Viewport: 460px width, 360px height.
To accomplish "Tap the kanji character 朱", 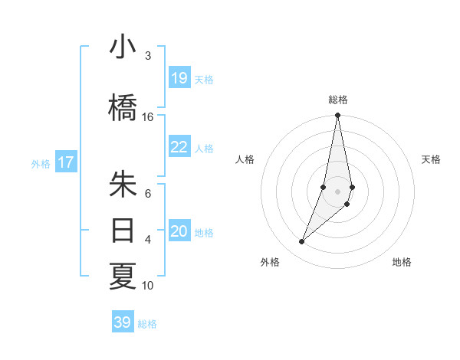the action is click(x=123, y=184).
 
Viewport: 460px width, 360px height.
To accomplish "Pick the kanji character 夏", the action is click(x=123, y=277).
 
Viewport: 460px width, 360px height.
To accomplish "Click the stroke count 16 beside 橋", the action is click(x=148, y=117).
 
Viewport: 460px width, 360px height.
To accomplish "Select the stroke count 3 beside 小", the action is click(x=148, y=56).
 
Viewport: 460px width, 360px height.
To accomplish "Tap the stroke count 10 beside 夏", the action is click(x=148, y=286).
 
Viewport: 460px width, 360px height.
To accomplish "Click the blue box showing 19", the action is click(x=179, y=78).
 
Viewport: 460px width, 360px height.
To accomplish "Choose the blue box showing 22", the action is click(x=179, y=147).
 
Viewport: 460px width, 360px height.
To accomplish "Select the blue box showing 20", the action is click(x=179, y=231).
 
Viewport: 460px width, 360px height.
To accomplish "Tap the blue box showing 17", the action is click(x=65, y=162).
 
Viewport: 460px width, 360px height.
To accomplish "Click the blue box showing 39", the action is click(x=123, y=322).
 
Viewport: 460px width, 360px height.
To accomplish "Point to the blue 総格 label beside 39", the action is click(x=147, y=324).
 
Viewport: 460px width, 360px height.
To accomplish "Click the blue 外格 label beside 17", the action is click(x=41, y=163).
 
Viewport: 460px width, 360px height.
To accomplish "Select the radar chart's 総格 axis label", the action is click(x=338, y=100).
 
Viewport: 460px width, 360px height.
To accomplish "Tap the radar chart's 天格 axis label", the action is click(x=431, y=159).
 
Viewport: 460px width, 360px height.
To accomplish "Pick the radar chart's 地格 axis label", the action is click(x=402, y=262).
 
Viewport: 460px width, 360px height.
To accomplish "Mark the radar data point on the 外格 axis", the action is click(x=301, y=242).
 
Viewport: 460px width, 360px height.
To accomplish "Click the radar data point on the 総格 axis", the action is click(x=337, y=116).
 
